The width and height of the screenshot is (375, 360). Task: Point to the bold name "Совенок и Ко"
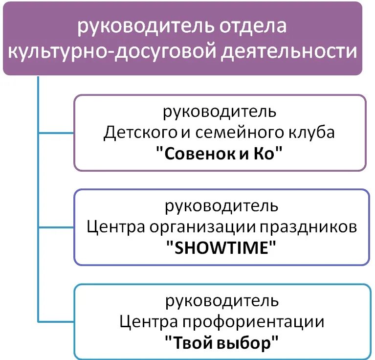tap(220, 154)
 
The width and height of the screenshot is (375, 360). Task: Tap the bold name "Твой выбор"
tap(221, 342)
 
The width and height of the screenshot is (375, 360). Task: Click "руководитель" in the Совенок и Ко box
tap(220, 112)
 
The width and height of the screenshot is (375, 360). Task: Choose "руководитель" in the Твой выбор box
tap(221, 300)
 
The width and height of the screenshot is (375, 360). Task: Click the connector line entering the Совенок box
tap(56, 133)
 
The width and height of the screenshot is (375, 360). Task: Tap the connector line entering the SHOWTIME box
tap(56, 227)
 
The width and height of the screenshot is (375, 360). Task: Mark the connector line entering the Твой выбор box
tap(56, 321)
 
